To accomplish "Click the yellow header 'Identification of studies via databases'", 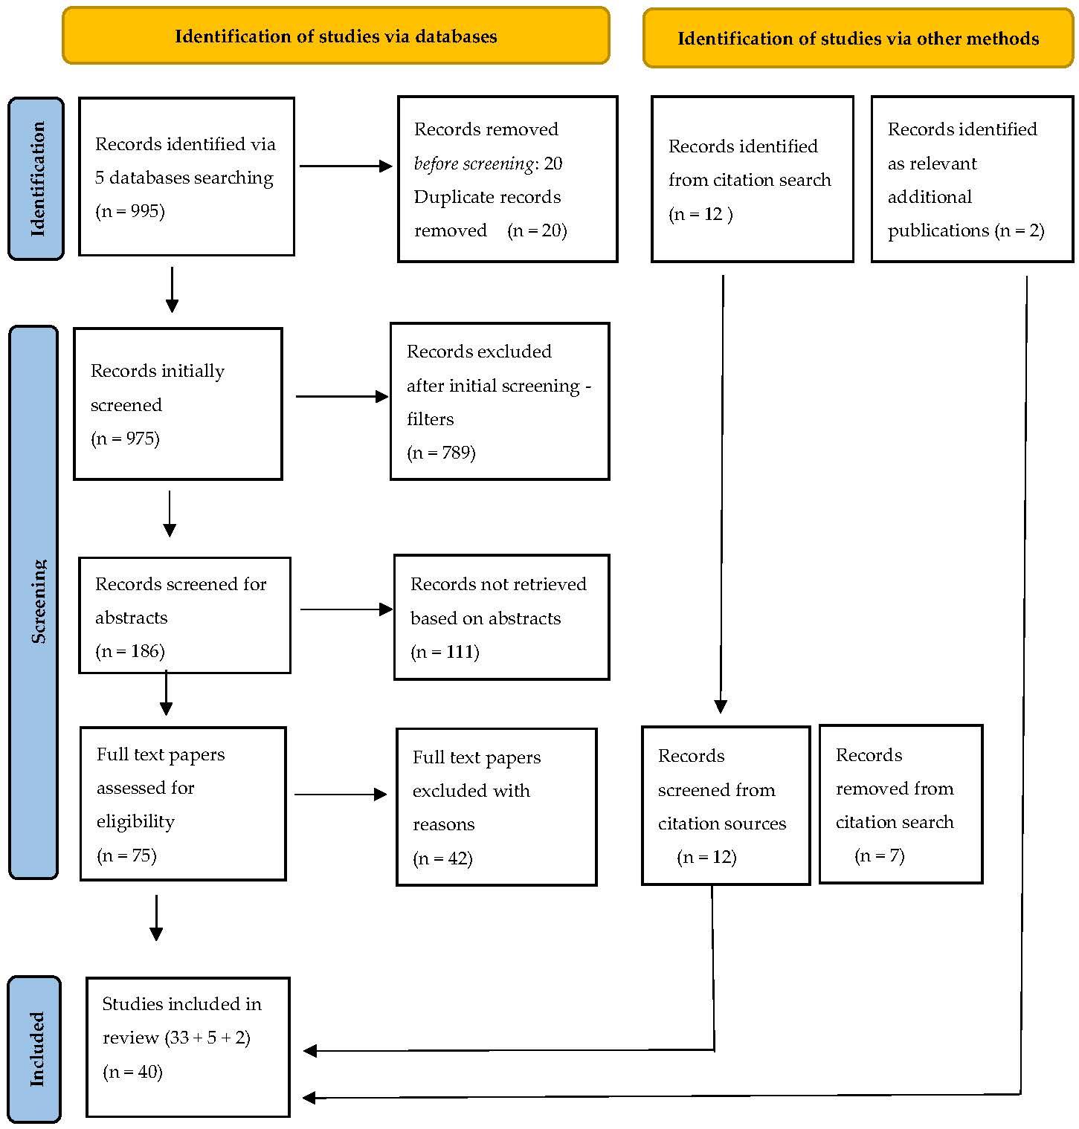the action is pyautogui.click(x=336, y=36).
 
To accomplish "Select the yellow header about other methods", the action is pyautogui.click(x=858, y=38).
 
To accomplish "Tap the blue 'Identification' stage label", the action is pyautogui.click(x=36, y=179).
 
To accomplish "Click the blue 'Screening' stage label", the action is pyautogui.click(x=33, y=602).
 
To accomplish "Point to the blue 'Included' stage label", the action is pyautogui.click(x=35, y=1049).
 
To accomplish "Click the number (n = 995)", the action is pyautogui.click(x=130, y=211).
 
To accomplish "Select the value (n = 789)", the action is pyautogui.click(x=441, y=453).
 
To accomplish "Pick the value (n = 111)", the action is pyautogui.click(x=445, y=652).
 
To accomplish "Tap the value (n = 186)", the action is pyautogui.click(x=130, y=651).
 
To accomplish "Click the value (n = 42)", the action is pyautogui.click(x=442, y=858).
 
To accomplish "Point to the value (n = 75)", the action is pyautogui.click(x=126, y=855).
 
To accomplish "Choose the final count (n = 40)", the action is pyautogui.click(x=132, y=1072).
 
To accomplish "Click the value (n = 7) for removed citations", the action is pyautogui.click(x=880, y=855).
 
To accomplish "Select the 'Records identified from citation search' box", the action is pyautogui.click(x=753, y=179).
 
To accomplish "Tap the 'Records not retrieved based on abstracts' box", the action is pyautogui.click(x=502, y=617).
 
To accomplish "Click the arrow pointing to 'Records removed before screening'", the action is pyautogui.click(x=346, y=166).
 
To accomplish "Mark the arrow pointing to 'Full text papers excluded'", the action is pyautogui.click(x=341, y=795).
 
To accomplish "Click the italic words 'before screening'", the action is pyautogui.click(x=474, y=164).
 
